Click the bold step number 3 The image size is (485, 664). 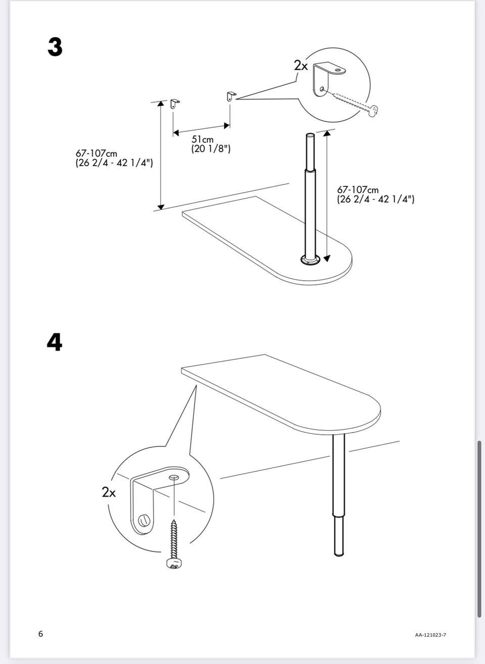[55, 47]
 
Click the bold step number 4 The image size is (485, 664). [55, 342]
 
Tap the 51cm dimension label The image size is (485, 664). [202, 139]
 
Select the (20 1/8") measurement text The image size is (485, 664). [211, 148]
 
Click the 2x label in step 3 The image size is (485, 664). [301, 66]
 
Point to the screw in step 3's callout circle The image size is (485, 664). [355, 105]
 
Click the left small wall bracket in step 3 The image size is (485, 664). [175, 104]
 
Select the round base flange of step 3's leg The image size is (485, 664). [311, 260]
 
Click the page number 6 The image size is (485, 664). [40, 634]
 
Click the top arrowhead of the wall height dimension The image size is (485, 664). [161, 104]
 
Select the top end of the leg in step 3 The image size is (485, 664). [310, 135]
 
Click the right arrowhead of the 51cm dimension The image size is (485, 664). [227, 126]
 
